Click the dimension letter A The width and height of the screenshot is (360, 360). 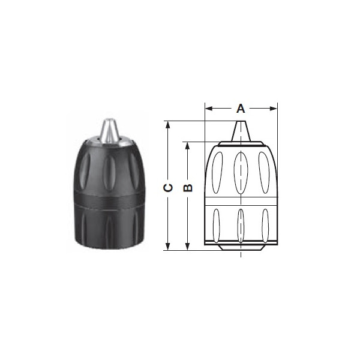pyautogui.click(x=241, y=109)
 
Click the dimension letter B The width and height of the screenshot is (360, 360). pyautogui.click(x=188, y=188)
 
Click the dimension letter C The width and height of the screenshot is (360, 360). pyautogui.click(x=168, y=188)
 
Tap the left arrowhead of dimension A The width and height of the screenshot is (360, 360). pyautogui.click(x=209, y=109)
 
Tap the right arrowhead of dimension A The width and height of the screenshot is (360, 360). pyautogui.click(x=274, y=109)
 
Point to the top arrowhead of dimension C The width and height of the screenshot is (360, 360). pyautogui.click(x=168, y=125)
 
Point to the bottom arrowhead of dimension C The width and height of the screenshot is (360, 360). pyautogui.click(x=168, y=247)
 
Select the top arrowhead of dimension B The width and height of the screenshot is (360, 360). pyautogui.click(x=188, y=146)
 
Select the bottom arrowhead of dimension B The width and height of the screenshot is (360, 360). pyautogui.click(x=188, y=247)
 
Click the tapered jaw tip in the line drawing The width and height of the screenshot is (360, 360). pyautogui.click(x=241, y=131)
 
